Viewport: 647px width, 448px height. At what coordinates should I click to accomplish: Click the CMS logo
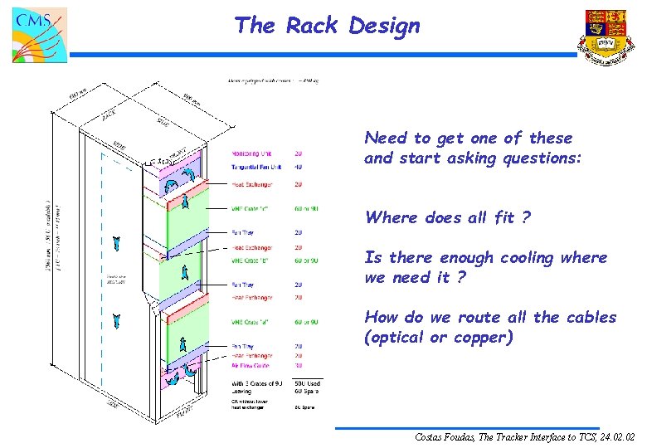[x=38, y=36]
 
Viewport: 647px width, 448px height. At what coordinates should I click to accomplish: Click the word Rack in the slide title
[x=312, y=26]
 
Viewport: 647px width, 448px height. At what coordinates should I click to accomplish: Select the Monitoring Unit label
[x=251, y=153]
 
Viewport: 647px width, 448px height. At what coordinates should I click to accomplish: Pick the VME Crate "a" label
[x=254, y=322]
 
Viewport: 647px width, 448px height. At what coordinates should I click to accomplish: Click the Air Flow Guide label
[x=252, y=366]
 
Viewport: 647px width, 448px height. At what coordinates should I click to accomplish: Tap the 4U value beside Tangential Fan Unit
[x=298, y=168]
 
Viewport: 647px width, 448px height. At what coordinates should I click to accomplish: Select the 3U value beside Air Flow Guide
[x=298, y=366]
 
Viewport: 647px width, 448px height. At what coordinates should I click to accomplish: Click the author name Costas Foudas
[x=450, y=436]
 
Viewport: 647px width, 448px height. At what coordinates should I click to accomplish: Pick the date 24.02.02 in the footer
[x=615, y=436]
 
